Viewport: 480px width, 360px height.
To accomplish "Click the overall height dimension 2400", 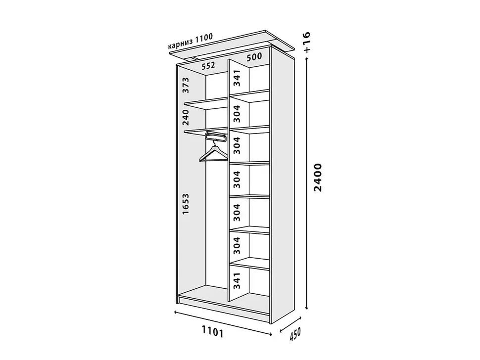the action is click(318, 178).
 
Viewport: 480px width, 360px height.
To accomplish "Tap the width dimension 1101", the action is click(212, 332).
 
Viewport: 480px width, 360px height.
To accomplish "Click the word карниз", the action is click(180, 44).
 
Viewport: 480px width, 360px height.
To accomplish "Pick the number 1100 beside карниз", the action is click(203, 38).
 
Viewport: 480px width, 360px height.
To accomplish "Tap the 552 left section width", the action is click(208, 65).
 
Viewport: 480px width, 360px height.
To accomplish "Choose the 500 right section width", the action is click(254, 56).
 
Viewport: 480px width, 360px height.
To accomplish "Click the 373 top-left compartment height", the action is click(186, 86).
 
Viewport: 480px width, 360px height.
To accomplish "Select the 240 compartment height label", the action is click(186, 118).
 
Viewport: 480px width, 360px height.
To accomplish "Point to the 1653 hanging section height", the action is click(186, 204).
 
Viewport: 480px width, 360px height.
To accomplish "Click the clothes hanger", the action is click(214, 153).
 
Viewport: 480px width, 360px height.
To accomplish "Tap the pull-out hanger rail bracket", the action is click(216, 136).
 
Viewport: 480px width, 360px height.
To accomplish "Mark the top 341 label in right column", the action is click(237, 78).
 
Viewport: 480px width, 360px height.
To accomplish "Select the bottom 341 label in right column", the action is click(237, 281).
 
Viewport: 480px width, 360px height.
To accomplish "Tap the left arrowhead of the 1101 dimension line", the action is click(176, 312).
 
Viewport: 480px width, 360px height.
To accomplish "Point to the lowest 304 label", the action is click(237, 246).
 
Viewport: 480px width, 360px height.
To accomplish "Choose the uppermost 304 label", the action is click(237, 113).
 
